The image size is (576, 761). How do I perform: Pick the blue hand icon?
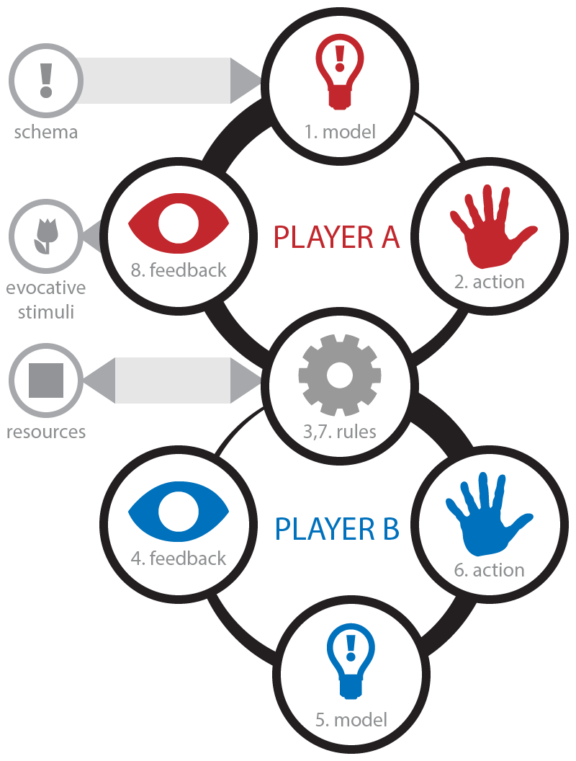[x=487, y=516]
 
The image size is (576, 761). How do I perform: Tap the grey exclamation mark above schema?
[x=46, y=80]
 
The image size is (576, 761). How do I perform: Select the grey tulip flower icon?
[x=45, y=236]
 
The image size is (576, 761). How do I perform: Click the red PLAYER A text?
[x=336, y=237]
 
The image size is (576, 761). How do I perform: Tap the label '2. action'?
[x=489, y=281]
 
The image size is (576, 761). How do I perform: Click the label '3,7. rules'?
[x=339, y=432]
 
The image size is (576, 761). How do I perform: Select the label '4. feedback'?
[x=179, y=558]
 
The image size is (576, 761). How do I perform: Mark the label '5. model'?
[x=351, y=718]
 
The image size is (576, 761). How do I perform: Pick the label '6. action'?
[x=489, y=569]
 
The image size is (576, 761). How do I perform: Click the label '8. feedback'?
[x=179, y=270]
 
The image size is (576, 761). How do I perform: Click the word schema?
[x=46, y=132]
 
